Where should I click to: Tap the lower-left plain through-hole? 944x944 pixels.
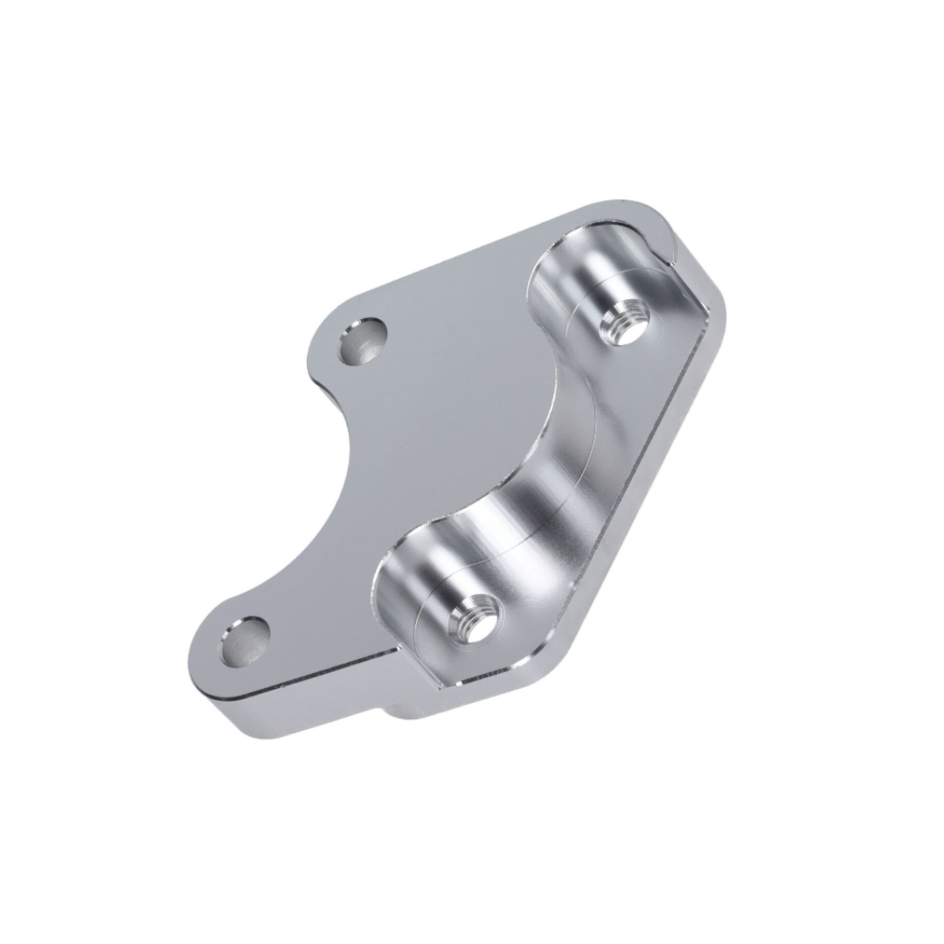243,640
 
